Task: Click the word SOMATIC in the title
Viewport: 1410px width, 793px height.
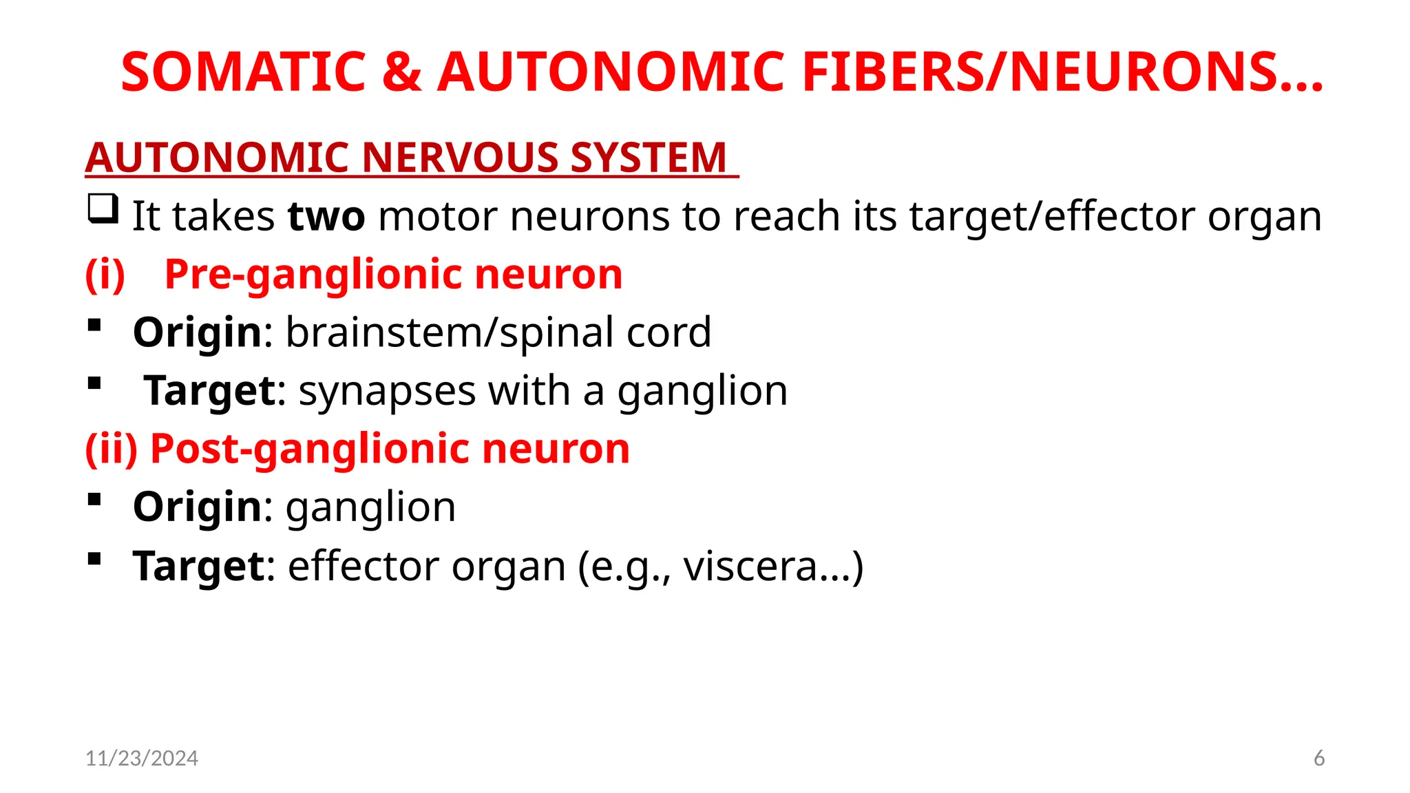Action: pos(243,72)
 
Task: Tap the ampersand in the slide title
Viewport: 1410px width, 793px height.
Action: pos(401,72)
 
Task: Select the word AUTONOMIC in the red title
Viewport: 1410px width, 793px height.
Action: pos(611,72)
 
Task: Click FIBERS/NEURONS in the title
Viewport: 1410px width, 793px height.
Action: pos(1062,72)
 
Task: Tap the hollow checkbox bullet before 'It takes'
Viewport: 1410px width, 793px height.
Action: pos(103,209)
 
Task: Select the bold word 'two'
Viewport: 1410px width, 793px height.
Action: pos(326,217)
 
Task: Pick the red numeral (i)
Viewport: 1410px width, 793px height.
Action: pos(105,275)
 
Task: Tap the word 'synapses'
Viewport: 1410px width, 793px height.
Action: pos(387,391)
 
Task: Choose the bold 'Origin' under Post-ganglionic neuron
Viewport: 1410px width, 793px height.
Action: pos(198,507)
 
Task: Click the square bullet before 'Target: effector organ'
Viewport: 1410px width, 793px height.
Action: pos(95,558)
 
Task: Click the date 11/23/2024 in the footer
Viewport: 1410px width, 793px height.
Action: pos(142,758)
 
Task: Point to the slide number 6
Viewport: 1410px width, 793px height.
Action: pos(1319,758)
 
